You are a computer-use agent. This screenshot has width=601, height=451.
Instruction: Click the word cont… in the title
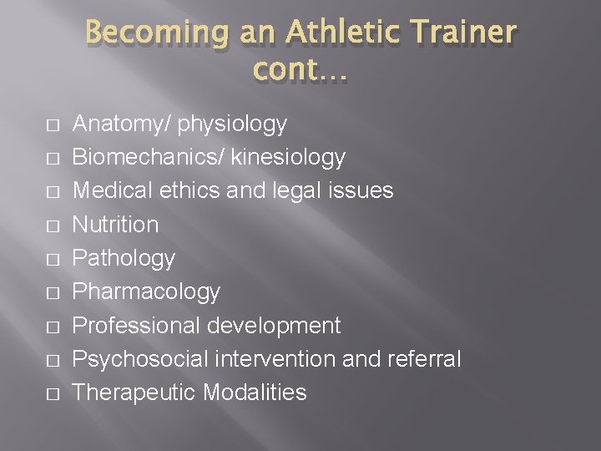coord(300,73)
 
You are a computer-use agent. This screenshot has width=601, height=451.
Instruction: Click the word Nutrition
coord(115,225)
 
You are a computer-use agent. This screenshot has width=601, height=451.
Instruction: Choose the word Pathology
coord(124,258)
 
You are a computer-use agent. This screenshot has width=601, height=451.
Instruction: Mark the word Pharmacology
coord(146,291)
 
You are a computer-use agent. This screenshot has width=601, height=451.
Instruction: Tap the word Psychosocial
coord(139,359)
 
